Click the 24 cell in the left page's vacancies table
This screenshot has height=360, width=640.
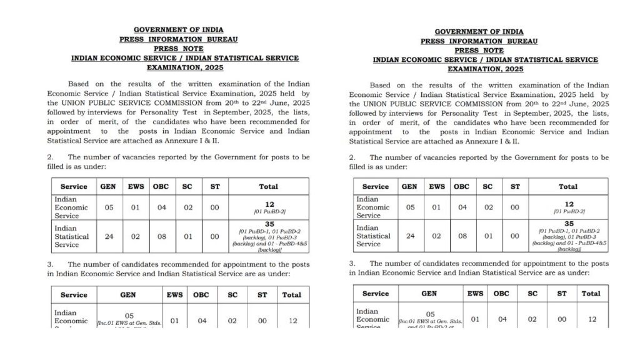[109, 237]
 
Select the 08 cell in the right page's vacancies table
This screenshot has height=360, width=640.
[461, 236]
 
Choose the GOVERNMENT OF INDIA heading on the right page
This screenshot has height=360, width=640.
[479, 31]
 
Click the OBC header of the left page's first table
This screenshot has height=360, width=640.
[161, 186]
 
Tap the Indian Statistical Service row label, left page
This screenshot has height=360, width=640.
[72, 237]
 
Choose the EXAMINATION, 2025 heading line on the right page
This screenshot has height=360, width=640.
[479, 69]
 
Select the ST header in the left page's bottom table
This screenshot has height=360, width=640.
[262, 294]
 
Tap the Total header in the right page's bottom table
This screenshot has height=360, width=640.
[591, 293]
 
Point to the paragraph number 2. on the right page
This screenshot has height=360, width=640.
[352, 157]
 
